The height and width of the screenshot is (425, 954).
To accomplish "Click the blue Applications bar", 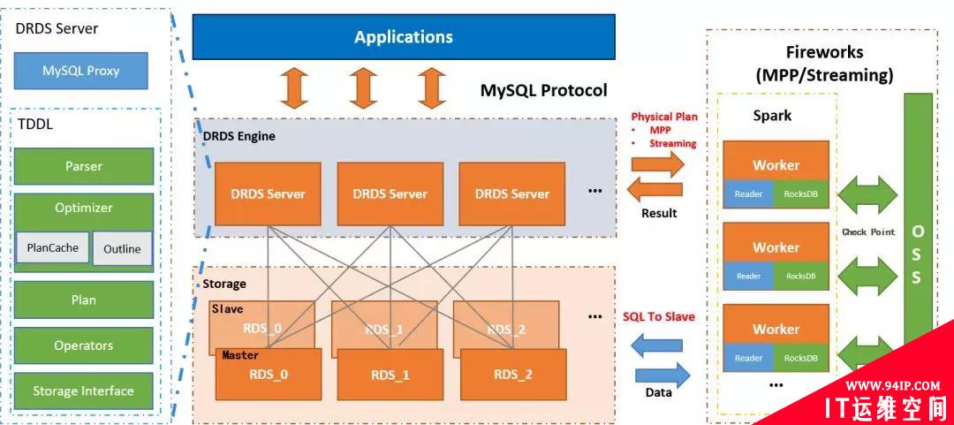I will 404,37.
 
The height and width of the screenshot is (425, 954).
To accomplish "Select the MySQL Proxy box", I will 81,71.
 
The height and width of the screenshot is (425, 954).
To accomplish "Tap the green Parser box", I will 84,166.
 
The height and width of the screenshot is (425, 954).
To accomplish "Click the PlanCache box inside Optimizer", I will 52,248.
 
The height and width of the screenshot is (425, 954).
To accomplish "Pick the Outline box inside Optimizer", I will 122,249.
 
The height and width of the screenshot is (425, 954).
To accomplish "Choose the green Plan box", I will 84,300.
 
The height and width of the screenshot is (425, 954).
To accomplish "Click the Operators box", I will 84,345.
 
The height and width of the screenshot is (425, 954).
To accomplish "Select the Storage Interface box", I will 84,391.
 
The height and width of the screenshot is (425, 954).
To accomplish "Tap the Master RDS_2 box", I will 513,376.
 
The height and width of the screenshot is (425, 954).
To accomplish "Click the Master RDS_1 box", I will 390,376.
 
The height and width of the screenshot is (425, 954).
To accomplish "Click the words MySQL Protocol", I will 543,90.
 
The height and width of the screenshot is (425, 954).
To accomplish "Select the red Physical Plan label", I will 664,117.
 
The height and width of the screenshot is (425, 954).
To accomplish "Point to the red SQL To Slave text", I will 658,316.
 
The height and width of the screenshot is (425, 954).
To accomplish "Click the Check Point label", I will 868,232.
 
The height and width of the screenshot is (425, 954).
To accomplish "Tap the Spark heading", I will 772,116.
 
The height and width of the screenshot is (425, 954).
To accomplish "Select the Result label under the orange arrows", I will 659,213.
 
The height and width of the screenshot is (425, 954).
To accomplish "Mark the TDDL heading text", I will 34,125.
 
